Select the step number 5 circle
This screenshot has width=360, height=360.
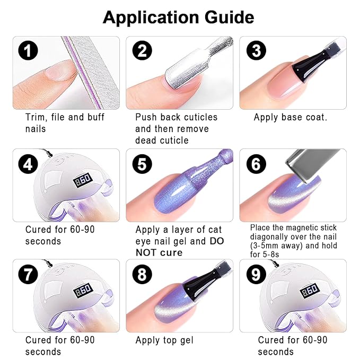tap(142, 164)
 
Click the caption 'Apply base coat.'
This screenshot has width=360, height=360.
tap(290, 117)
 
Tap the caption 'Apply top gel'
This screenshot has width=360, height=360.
tap(164, 340)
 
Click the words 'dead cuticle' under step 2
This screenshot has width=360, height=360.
tap(162, 141)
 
